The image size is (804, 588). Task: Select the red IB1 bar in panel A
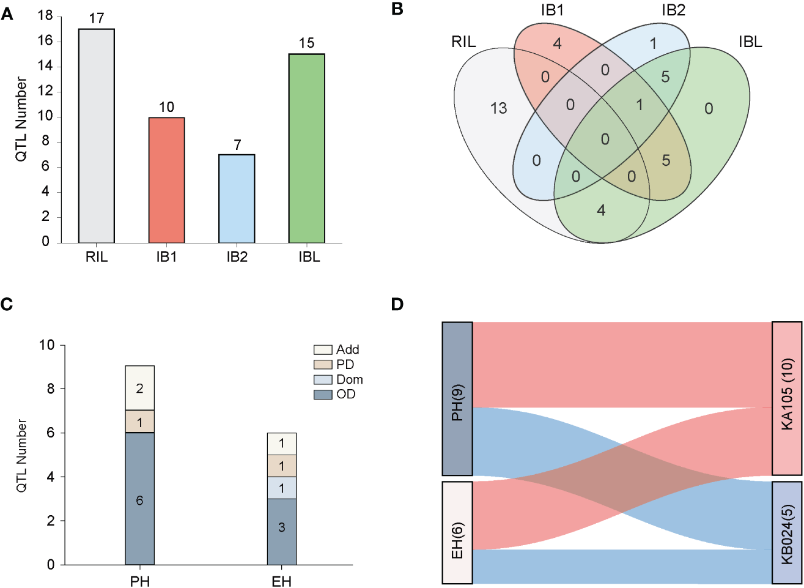pyautogui.click(x=166, y=180)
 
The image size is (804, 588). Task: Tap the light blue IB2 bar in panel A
pyautogui.click(x=237, y=199)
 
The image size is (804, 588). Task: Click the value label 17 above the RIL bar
pyautogui.click(x=97, y=18)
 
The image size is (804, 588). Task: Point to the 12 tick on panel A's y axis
pyautogui.click(x=45, y=92)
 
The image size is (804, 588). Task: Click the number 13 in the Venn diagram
pyautogui.click(x=498, y=108)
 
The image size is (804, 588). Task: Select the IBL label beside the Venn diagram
pyautogui.click(x=750, y=42)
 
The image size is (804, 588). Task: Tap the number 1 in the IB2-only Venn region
pyautogui.click(x=654, y=44)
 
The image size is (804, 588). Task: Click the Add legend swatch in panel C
pyautogui.click(x=322, y=350)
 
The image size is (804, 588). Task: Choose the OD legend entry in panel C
pyautogui.click(x=336, y=395)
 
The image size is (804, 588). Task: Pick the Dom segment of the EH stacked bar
pyautogui.click(x=282, y=488)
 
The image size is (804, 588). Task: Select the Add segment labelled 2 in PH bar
pyautogui.click(x=140, y=388)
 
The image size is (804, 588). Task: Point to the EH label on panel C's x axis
pyautogui.click(x=282, y=581)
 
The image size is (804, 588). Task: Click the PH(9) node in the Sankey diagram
pyautogui.click(x=457, y=398)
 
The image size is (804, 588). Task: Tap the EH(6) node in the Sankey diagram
pyautogui.click(x=457, y=532)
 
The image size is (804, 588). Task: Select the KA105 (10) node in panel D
pyautogui.click(x=787, y=398)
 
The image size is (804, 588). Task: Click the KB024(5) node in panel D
pyautogui.click(x=787, y=533)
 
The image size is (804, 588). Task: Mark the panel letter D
pyautogui.click(x=397, y=304)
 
